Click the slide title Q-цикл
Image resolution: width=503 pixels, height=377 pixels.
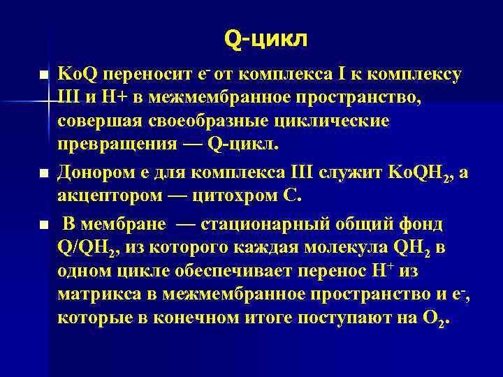265,39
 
